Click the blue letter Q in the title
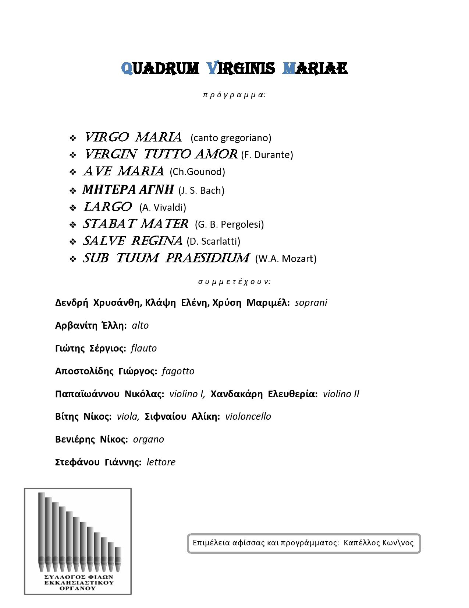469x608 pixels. [127, 69]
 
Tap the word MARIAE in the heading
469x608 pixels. [315, 69]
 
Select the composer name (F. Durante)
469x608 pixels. [267, 155]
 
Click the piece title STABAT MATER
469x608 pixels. [136, 224]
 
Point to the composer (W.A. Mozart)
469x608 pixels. [286, 258]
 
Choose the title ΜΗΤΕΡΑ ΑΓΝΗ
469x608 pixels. [128, 189]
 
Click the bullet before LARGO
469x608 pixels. [73, 208]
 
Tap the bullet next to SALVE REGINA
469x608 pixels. [73, 242]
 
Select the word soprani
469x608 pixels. [311, 303]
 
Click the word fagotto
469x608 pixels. [178, 371]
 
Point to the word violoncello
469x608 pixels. [248, 416]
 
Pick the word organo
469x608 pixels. [149, 439]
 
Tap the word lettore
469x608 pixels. [161, 462]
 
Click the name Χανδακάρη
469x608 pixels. [237, 394]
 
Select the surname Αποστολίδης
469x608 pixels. [84, 371]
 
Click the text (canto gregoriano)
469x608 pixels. [231, 138]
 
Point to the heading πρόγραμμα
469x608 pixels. [234, 95]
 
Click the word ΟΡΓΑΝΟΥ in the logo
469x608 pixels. [78, 588]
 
